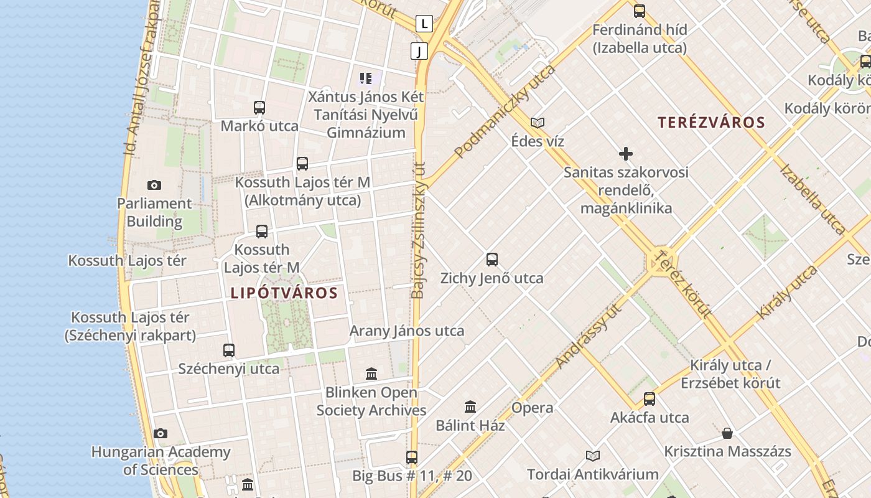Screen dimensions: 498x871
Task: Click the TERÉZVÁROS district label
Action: point(711,122)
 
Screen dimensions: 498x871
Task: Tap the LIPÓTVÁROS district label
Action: point(284,293)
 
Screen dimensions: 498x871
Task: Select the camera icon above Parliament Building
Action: point(154,185)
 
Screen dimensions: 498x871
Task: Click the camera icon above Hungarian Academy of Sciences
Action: point(161,433)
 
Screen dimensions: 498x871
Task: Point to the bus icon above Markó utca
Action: point(259,108)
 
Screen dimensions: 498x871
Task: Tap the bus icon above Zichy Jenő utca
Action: point(492,260)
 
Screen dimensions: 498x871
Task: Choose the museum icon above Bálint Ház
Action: point(470,407)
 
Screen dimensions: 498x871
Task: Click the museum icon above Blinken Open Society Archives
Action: point(371,374)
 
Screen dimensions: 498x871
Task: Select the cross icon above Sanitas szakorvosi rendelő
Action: point(626,154)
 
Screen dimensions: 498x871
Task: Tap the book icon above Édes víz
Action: point(538,123)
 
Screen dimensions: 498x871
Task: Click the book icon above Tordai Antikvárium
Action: point(593,456)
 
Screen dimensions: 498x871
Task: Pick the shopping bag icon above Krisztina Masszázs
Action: point(727,433)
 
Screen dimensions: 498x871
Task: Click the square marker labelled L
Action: point(424,24)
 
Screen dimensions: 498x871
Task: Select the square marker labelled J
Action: point(419,51)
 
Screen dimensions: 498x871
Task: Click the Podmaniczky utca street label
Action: point(505,111)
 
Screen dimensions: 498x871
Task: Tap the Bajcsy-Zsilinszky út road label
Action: point(419,230)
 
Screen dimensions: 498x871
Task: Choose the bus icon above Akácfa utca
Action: point(650,398)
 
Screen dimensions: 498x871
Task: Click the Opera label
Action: point(532,408)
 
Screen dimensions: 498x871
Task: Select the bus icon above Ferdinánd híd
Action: point(640,11)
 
